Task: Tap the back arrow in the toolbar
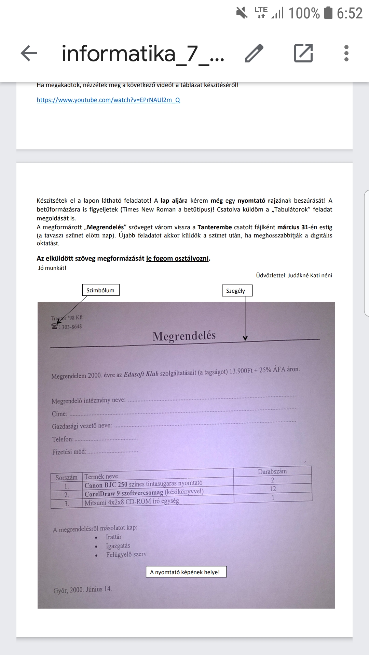click(29, 54)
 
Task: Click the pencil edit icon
click(254, 54)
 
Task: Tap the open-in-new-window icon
click(303, 54)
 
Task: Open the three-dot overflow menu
click(346, 54)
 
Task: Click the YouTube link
click(108, 100)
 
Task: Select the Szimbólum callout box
click(100, 290)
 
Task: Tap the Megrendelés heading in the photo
click(184, 336)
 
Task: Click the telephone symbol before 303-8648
click(55, 326)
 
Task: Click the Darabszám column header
click(272, 471)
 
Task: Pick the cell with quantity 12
click(273, 489)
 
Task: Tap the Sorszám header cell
click(66, 478)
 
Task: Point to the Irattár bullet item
click(113, 537)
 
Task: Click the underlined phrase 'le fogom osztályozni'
click(177, 259)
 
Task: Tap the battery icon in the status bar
click(328, 13)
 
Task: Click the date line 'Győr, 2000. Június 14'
click(82, 590)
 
